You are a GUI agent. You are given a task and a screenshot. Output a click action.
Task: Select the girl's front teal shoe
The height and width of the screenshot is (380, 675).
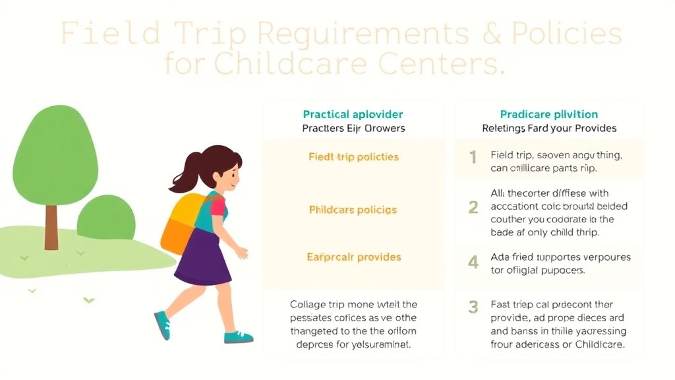[237, 337]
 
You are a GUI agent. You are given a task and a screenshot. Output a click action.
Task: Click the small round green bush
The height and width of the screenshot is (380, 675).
[106, 218]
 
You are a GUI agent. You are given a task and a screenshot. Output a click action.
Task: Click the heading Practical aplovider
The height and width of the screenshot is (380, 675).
[353, 115]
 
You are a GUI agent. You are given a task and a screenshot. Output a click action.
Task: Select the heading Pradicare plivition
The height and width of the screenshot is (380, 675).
[548, 115]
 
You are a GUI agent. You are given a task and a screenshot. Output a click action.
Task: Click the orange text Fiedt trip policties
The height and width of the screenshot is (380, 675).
[353, 157]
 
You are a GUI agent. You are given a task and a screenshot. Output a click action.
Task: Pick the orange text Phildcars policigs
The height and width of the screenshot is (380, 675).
[353, 210]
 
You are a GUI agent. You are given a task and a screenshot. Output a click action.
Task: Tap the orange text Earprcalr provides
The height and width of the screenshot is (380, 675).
[353, 257]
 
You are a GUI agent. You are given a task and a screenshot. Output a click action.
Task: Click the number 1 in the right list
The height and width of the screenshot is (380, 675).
[473, 158]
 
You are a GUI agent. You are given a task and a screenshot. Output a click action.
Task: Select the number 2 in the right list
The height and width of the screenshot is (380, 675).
[473, 207]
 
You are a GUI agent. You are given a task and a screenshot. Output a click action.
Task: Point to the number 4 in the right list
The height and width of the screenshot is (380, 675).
[473, 263]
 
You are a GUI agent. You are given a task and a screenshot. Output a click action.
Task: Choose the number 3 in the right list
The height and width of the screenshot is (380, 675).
[473, 307]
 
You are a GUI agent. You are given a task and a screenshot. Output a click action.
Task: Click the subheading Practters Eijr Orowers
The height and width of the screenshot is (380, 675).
[353, 129]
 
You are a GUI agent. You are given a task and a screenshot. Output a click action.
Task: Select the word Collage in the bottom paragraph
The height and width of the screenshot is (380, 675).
[312, 305]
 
